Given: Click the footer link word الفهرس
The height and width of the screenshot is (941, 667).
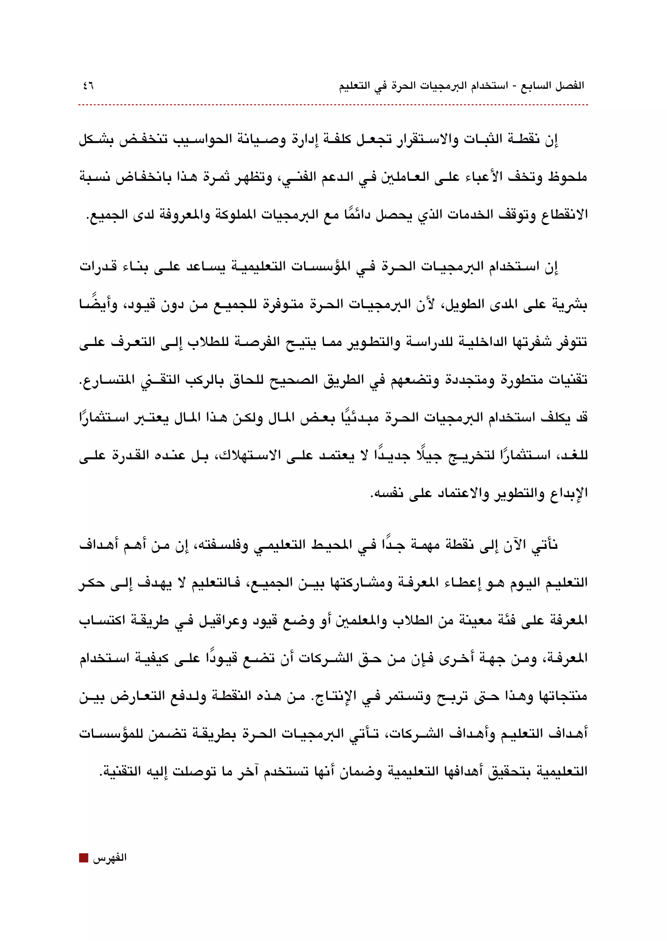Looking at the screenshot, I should (x=109, y=858).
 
